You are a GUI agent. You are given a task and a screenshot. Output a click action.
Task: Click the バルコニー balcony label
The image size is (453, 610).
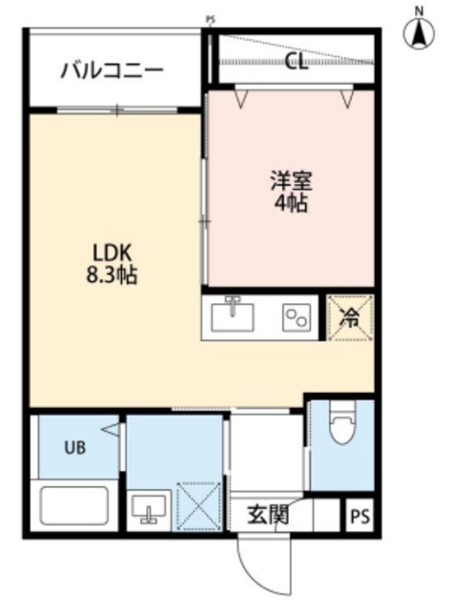(112, 70)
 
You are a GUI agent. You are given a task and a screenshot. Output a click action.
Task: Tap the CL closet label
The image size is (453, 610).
(297, 63)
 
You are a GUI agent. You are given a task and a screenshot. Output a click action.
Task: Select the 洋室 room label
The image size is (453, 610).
(291, 180)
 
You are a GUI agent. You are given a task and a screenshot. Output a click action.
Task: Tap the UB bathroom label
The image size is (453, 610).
(73, 447)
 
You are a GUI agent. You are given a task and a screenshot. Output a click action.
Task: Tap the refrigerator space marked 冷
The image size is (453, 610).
(350, 317)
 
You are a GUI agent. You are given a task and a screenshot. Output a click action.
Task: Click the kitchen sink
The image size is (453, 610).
(232, 315)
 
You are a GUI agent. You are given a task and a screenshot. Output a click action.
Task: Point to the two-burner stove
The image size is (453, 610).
(296, 317)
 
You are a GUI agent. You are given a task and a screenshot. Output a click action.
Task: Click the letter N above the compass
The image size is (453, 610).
(418, 10)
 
